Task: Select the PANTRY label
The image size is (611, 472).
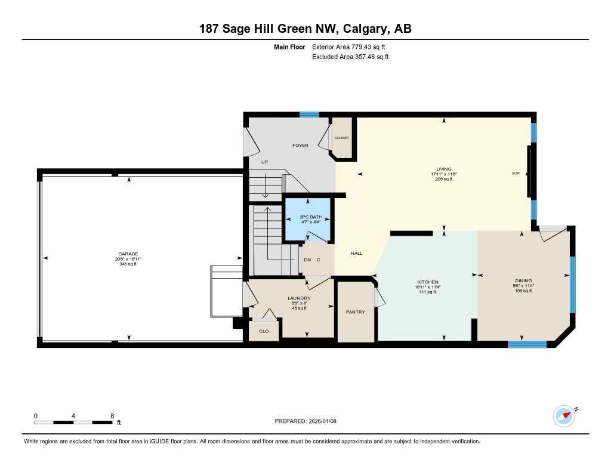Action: [x=356, y=312]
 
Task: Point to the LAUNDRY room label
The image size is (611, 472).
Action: [x=298, y=298]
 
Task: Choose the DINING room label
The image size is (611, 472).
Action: [x=523, y=281]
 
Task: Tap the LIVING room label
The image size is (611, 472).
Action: [x=443, y=169]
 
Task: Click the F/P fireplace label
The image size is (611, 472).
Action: [x=516, y=174]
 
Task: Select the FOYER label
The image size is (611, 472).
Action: [x=300, y=146]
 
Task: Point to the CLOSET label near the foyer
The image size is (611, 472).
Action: [x=341, y=138]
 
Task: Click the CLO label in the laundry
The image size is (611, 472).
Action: [x=263, y=331]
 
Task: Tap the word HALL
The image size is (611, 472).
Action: [x=357, y=254]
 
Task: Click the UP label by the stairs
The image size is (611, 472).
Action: [x=265, y=162]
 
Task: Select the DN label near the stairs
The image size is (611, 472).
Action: [x=307, y=260]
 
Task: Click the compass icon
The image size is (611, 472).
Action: [x=564, y=415]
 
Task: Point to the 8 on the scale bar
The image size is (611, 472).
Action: [x=112, y=415]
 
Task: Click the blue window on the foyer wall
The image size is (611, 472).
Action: [x=309, y=115]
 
